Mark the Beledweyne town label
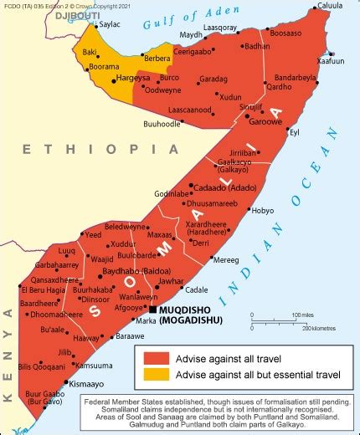(125, 227)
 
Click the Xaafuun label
(331, 62)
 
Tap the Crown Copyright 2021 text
(105, 5)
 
